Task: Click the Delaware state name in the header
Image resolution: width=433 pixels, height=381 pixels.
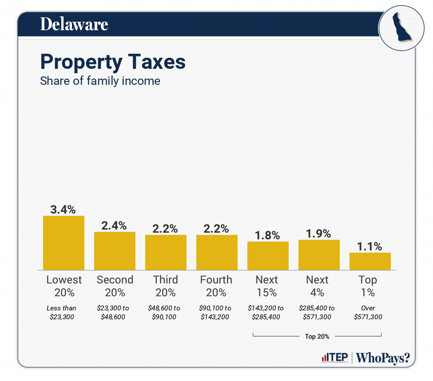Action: pyautogui.click(x=74, y=24)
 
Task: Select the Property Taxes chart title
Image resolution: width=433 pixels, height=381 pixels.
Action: pyautogui.click(x=113, y=62)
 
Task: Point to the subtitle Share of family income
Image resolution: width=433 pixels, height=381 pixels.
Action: pyautogui.click(x=100, y=81)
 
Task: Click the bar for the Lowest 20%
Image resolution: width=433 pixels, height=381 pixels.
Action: pyautogui.click(x=64, y=243)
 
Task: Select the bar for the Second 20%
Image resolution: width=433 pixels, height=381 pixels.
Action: pyautogui.click(x=115, y=251)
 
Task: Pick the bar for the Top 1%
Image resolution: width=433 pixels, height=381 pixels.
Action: pyautogui.click(x=370, y=261)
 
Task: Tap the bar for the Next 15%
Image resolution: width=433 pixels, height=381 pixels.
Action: pyautogui.click(x=268, y=256)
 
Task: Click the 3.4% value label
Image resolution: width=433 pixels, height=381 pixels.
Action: pyautogui.click(x=64, y=210)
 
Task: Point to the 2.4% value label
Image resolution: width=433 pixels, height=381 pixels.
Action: pyautogui.click(x=115, y=226)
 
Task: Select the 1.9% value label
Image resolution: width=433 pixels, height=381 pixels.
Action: pyautogui.click(x=319, y=234)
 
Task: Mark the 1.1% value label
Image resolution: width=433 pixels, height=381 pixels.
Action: pyautogui.click(x=370, y=246)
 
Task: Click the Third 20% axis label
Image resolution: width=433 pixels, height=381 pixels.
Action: pyautogui.click(x=166, y=286)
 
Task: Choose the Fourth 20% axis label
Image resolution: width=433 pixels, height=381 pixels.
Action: pyautogui.click(x=216, y=286)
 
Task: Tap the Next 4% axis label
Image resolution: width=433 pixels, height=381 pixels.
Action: pyautogui.click(x=318, y=286)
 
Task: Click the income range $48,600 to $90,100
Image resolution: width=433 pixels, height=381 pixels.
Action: pyautogui.click(x=166, y=312)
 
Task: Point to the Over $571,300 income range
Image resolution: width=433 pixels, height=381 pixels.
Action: pyautogui.click(x=368, y=312)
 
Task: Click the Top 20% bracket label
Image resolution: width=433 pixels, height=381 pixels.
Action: pyautogui.click(x=317, y=336)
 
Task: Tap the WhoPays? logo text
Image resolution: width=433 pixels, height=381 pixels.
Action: pyautogui.click(x=383, y=357)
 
